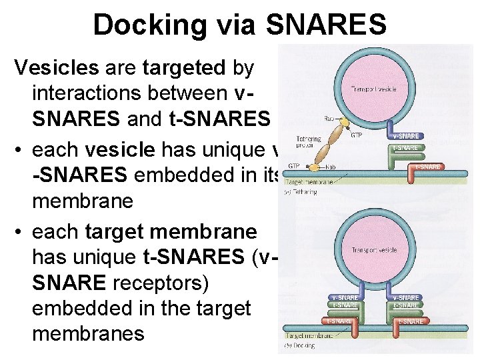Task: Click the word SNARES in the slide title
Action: click(x=326, y=25)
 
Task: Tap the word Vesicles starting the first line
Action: click(x=57, y=67)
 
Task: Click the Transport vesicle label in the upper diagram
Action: click(x=369, y=89)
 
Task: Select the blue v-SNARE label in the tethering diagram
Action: click(x=405, y=136)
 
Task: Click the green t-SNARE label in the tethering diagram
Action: click(x=405, y=147)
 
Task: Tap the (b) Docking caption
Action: click(x=302, y=346)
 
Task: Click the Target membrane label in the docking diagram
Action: click(x=307, y=336)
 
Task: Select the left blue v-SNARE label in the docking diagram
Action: click(x=344, y=297)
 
